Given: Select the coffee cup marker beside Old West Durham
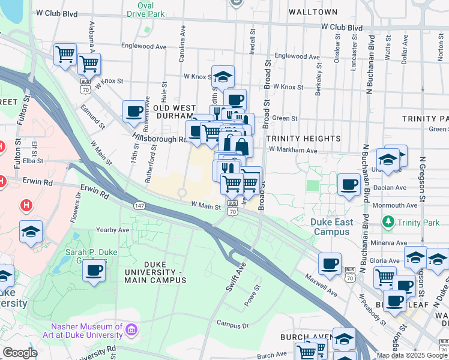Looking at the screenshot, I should (x=134, y=111).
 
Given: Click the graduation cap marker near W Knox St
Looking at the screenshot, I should (x=223, y=77).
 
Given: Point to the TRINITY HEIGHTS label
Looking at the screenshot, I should (x=303, y=139).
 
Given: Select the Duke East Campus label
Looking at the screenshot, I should (x=331, y=227).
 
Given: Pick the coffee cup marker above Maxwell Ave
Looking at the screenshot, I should (x=330, y=263).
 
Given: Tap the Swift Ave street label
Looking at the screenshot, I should (x=236, y=276).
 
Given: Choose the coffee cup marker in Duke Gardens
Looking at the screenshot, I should (x=94, y=270).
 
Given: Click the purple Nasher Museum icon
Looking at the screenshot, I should (x=132, y=329).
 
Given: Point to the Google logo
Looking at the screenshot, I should (x=19, y=353).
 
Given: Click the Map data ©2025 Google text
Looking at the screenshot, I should (x=412, y=355).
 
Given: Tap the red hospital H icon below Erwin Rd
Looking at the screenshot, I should (x=26, y=205).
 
